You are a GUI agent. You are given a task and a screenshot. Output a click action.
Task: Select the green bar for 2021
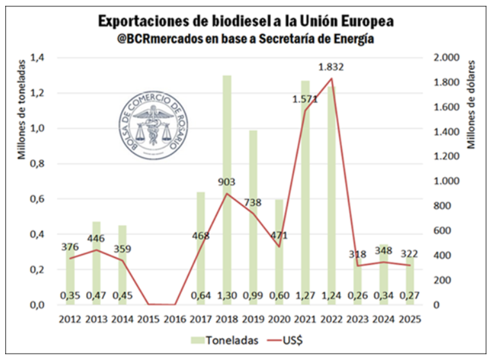point(306,193)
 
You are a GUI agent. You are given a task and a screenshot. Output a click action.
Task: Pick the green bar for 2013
point(96,263)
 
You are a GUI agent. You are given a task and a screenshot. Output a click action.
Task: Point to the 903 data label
point(227,182)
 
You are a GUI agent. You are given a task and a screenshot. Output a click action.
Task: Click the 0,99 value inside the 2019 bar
point(253,296)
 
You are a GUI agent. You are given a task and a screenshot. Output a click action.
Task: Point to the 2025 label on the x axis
point(409,318)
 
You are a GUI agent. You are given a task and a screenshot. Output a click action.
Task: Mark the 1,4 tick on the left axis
point(44,58)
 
